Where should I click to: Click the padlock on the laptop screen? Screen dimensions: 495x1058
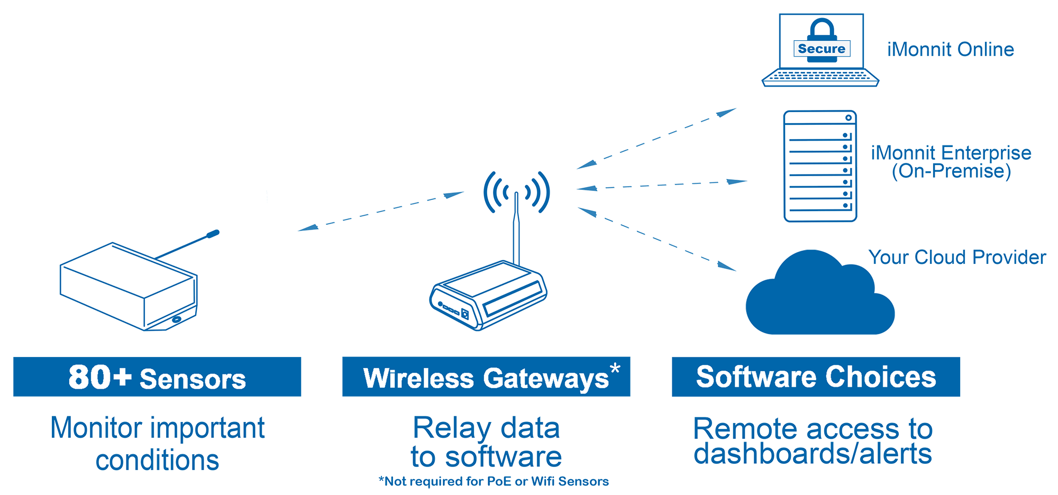click(822, 32)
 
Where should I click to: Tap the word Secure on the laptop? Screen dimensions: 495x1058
click(822, 49)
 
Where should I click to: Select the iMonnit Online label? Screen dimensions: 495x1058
click(950, 49)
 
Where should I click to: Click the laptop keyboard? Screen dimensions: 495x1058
click(820, 77)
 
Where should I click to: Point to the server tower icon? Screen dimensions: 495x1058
click(820, 166)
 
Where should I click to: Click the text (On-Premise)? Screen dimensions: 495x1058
click(951, 171)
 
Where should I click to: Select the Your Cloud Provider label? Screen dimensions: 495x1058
click(957, 257)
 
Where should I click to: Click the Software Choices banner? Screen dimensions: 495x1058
click(816, 377)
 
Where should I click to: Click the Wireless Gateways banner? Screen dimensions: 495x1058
click(486, 378)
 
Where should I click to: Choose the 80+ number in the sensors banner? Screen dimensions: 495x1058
click(99, 377)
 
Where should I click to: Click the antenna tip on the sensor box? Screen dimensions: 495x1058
click(213, 234)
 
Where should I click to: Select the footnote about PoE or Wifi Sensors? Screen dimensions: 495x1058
click(494, 481)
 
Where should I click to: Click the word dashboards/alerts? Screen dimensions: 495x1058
click(813, 454)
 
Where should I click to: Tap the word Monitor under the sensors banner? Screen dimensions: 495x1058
click(96, 428)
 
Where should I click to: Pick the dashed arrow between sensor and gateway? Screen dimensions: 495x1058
click(381, 212)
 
